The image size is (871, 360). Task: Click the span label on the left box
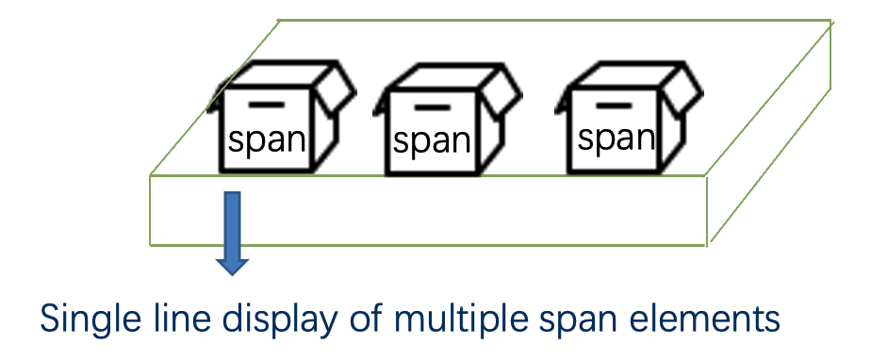267,140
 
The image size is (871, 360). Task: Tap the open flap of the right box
684,89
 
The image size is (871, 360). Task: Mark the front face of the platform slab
471,211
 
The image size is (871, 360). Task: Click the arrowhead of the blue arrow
232,262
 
